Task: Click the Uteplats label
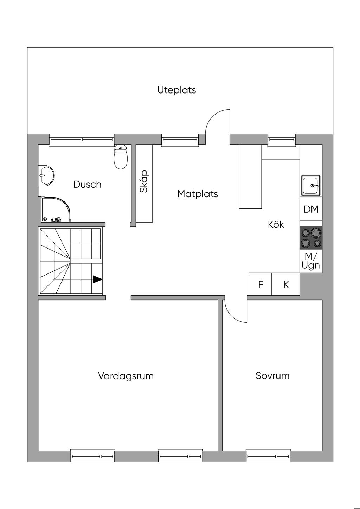pyautogui.click(x=176, y=90)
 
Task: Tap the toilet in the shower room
pyautogui.click(x=121, y=157)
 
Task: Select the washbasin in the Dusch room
pyautogui.click(x=46, y=175)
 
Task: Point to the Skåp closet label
pyautogui.click(x=144, y=181)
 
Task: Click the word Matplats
pyautogui.click(x=198, y=194)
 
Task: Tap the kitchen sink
pyautogui.click(x=311, y=185)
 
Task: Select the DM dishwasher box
pyautogui.click(x=311, y=208)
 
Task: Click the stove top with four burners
pyautogui.click(x=311, y=238)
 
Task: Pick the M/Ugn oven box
pyautogui.click(x=311, y=261)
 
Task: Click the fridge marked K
pyautogui.click(x=286, y=284)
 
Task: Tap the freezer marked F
pyautogui.click(x=261, y=284)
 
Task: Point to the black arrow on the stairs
pyautogui.click(x=97, y=279)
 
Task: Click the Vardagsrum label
pyautogui.click(x=126, y=376)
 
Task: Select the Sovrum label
pyautogui.click(x=272, y=376)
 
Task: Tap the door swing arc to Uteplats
pyautogui.click(x=213, y=116)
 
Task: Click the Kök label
pyautogui.click(x=276, y=225)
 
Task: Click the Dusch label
pyautogui.click(x=87, y=184)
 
